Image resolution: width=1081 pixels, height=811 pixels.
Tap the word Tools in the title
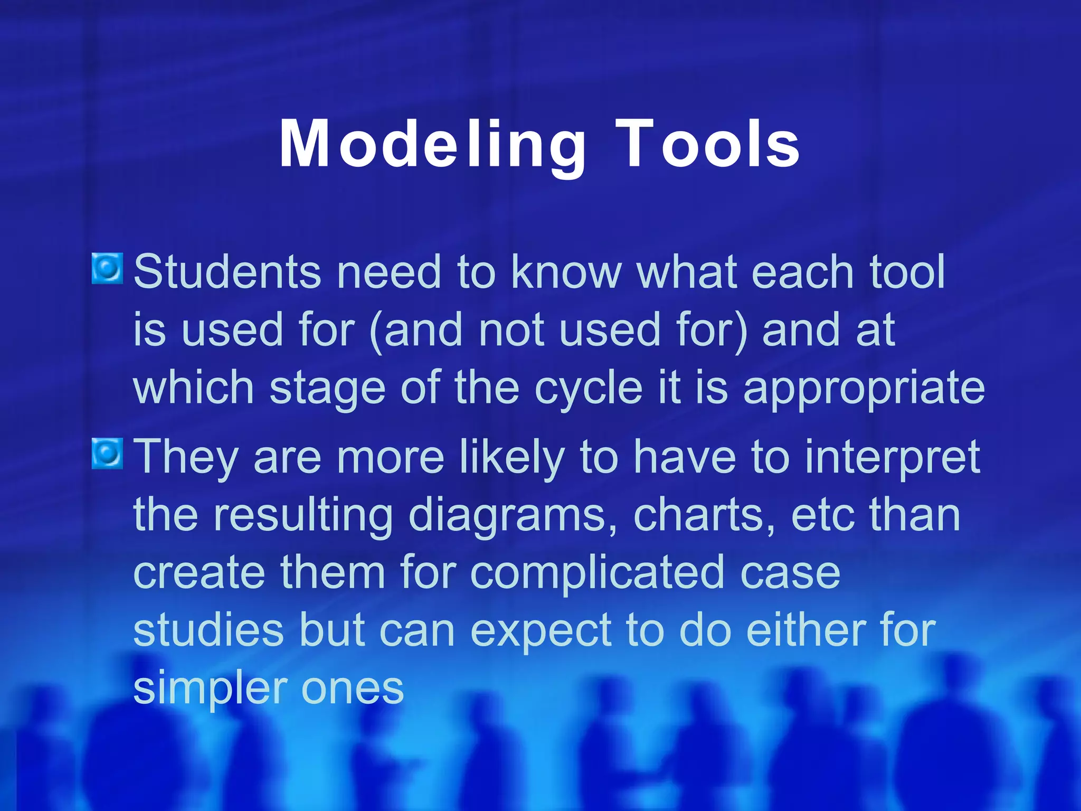tap(707, 144)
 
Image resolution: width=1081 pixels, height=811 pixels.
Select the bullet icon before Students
tap(108, 268)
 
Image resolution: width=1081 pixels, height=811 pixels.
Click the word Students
tap(227, 272)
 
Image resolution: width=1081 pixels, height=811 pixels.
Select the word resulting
tap(303, 515)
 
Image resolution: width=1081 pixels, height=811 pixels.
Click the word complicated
tap(597, 573)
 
